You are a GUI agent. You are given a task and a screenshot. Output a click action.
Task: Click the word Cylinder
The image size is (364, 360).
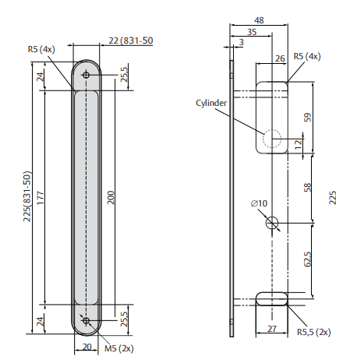click(211, 103)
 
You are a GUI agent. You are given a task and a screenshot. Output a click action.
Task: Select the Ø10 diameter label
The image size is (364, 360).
click(259, 203)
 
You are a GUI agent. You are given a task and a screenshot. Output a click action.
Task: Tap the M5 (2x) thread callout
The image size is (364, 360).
click(119, 348)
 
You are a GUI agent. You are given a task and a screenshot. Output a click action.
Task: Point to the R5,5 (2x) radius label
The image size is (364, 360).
click(314, 332)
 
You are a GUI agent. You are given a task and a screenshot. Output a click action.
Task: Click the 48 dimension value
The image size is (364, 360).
click(259, 20)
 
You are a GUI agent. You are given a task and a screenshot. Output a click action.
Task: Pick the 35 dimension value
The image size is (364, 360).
click(252, 32)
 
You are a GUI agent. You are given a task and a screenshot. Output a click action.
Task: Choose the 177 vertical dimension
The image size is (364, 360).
click(41, 198)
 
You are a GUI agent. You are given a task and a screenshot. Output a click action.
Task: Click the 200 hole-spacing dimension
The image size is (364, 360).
click(111, 197)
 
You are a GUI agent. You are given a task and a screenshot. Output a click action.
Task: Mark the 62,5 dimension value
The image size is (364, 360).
click(307, 259)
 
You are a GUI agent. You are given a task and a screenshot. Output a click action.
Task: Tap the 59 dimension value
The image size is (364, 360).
click(307, 118)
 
